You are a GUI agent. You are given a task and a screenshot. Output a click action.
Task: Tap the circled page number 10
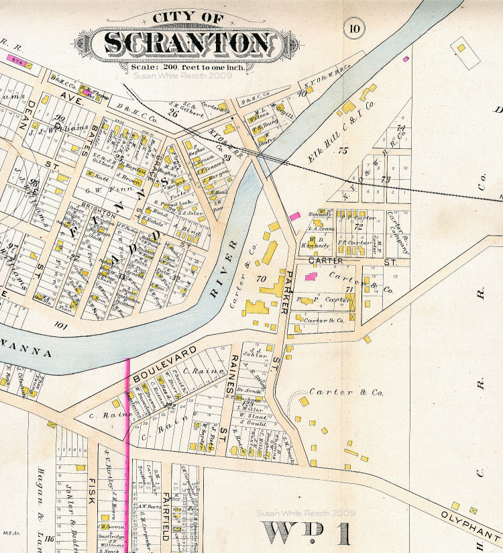[353, 29]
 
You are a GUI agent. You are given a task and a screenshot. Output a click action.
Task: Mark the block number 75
[343, 152]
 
